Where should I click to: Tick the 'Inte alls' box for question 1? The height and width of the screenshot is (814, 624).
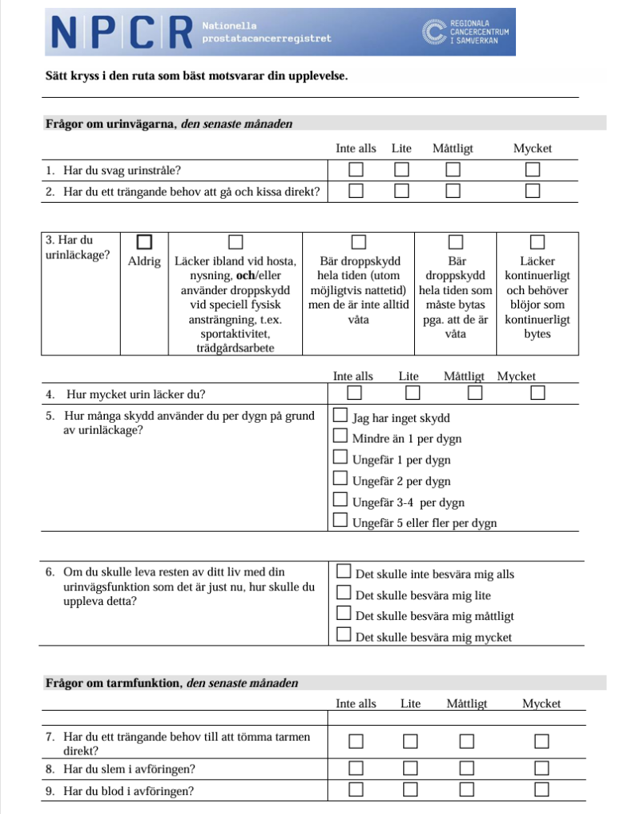click(x=355, y=169)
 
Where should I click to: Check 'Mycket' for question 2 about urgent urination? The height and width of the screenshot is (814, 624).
click(x=532, y=190)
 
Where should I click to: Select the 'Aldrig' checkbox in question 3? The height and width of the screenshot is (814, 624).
click(x=144, y=241)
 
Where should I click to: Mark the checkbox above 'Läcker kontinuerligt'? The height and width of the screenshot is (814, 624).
click(x=537, y=241)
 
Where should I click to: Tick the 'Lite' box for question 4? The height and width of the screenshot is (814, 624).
click(x=412, y=392)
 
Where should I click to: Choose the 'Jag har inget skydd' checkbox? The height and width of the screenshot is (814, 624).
click(x=340, y=415)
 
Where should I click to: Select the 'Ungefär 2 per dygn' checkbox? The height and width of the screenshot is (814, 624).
click(x=340, y=478)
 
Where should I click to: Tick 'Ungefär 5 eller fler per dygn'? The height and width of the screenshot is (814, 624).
click(x=340, y=521)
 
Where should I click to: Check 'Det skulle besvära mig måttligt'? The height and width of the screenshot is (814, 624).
click(x=344, y=613)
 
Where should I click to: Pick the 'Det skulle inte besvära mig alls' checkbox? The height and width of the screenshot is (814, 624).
click(x=344, y=571)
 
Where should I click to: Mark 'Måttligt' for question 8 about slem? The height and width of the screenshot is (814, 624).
click(x=466, y=768)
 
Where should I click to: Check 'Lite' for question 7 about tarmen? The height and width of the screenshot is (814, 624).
click(x=410, y=742)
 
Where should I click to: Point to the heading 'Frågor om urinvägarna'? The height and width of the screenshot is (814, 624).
click(x=111, y=124)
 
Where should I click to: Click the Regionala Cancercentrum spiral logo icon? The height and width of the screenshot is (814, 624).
click(x=433, y=32)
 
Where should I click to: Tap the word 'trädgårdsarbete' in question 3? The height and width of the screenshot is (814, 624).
click(x=234, y=348)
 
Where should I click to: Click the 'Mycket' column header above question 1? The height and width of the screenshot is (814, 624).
click(x=532, y=149)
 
